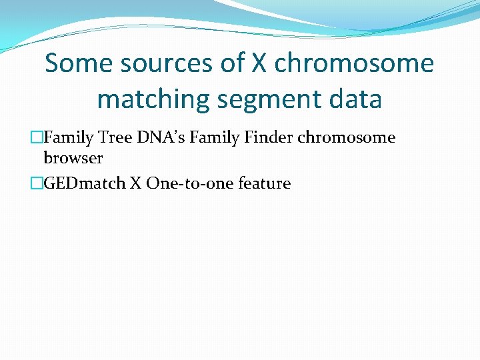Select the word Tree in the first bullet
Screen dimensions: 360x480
pyautogui.click(x=112, y=138)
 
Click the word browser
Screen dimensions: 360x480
pyautogui.click(x=73, y=159)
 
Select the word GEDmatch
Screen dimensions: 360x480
pyautogui.click(x=84, y=183)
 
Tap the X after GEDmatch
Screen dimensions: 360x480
pyautogui.click(x=135, y=183)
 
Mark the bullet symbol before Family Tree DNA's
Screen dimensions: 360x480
pyautogui.click(x=37, y=138)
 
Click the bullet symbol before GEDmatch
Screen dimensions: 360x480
pyautogui.click(x=37, y=183)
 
